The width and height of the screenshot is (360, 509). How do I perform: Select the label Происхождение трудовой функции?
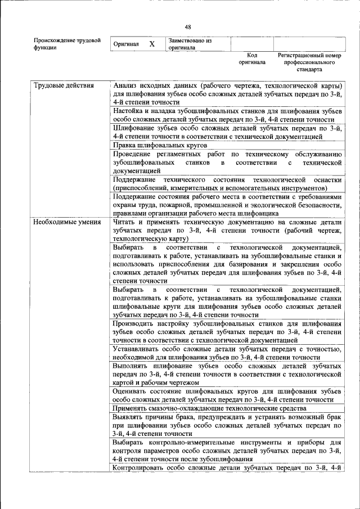(67, 44)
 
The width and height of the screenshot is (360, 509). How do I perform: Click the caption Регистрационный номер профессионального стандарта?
(310, 63)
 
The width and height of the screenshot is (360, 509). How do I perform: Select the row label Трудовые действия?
(63, 86)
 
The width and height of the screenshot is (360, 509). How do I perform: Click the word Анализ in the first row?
(126, 86)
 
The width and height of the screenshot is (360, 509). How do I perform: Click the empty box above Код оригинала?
(252, 44)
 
